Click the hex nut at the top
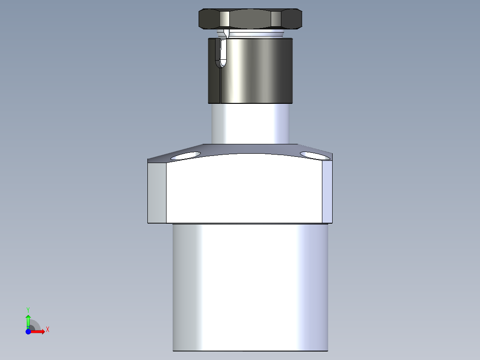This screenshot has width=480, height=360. click(251, 20)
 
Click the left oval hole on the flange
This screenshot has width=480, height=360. click(186, 155)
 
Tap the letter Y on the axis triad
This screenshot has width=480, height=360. click(28, 309)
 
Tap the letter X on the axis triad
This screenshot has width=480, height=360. click(48, 330)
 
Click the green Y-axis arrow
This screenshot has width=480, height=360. click(28, 319)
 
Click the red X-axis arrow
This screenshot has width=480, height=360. click(38, 331)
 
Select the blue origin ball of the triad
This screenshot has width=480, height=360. click(28, 331)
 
